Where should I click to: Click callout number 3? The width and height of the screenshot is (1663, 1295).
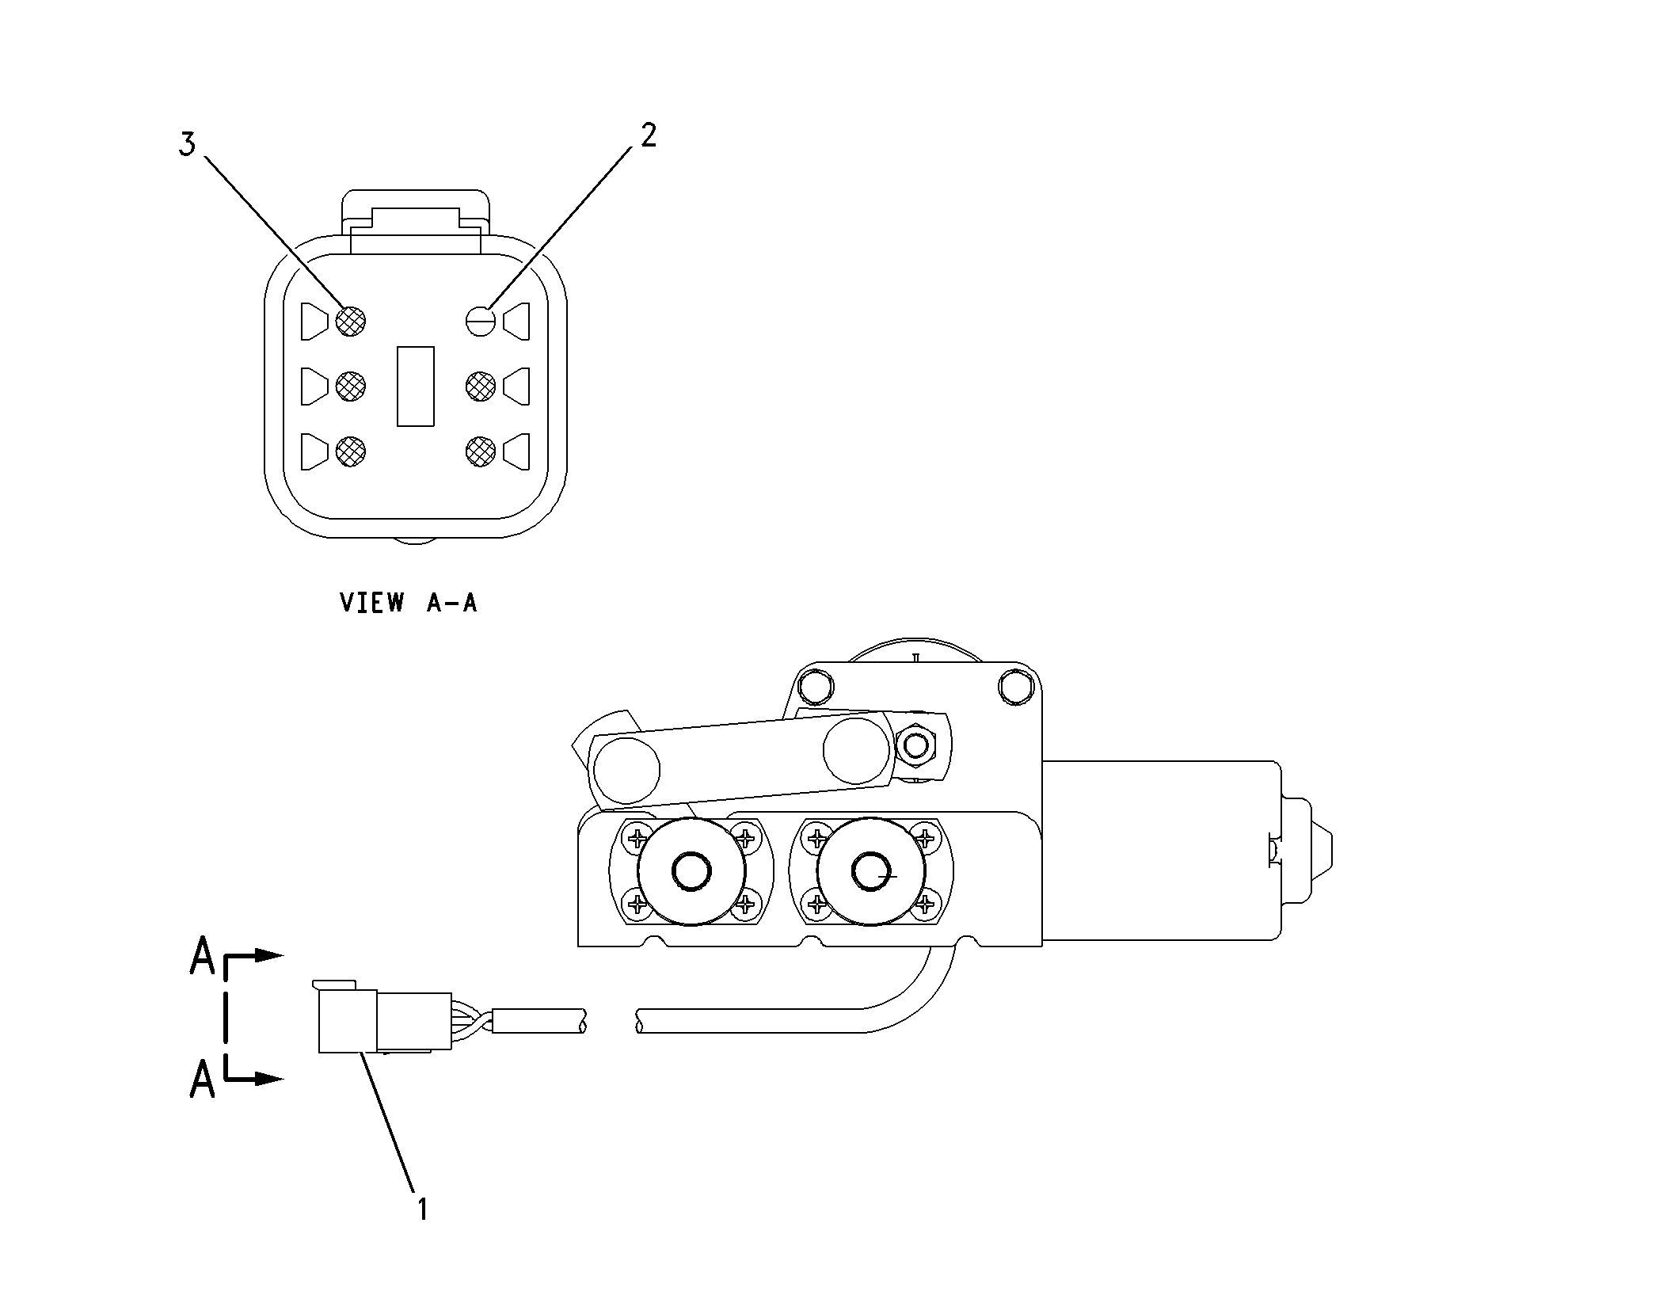[186, 145]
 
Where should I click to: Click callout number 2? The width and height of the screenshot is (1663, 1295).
[648, 136]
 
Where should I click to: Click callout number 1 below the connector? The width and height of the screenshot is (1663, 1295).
[422, 1209]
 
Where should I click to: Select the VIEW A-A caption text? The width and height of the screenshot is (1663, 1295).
[409, 603]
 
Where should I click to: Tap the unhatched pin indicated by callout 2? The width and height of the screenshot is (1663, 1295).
[480, 321]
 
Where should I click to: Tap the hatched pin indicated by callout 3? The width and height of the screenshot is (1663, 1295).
[350, 321]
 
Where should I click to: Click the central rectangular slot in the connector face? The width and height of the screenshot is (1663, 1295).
[415, 386]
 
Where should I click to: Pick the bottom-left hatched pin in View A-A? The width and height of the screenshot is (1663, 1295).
[350, 451]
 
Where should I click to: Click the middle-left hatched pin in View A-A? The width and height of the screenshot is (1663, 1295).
[350, 386]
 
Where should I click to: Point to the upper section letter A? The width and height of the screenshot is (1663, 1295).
[202, 956]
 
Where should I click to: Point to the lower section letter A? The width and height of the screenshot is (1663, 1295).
[202, 1079]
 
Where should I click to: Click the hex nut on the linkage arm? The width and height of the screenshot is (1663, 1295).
[916, 745]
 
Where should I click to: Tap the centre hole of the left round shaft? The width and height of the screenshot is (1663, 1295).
[691, 871]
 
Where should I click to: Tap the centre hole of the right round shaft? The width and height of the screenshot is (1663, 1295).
[871, 871]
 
